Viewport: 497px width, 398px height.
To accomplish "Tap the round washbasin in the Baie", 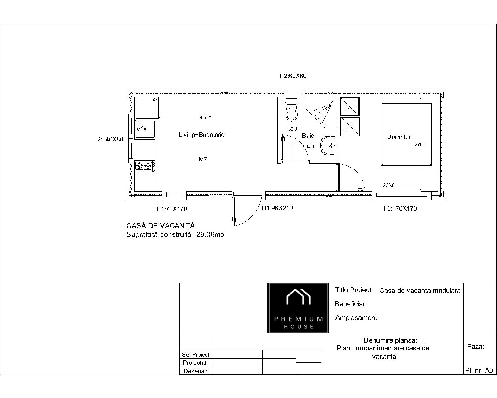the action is (328, 146).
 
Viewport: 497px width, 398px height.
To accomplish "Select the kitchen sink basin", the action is (144, 129).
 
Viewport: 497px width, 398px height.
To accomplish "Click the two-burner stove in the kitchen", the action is (145, 166).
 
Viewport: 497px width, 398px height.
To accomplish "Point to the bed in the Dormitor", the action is (407, 134).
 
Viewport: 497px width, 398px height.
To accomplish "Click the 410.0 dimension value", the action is (205, 118).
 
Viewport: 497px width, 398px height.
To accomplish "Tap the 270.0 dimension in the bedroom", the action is (420, 145).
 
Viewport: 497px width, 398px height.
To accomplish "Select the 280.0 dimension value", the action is (389, 185).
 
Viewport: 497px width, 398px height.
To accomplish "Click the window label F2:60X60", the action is (293, 76).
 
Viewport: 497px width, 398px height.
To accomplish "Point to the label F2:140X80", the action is (108, 139).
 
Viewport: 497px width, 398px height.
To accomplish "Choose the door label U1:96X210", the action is (277, 208).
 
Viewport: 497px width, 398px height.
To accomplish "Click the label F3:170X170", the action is (400, 208).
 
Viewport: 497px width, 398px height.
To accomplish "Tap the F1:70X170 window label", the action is (172, 209).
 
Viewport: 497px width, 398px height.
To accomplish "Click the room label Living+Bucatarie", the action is (201, 135).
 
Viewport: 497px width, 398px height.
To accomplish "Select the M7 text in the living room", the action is (203, 159).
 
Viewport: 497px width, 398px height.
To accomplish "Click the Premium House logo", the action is (298, 308).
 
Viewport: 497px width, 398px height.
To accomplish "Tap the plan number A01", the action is (490, 371).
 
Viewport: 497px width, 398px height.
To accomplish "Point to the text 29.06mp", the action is (210, 235).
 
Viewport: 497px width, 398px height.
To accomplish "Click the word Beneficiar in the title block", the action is (351, 304).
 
